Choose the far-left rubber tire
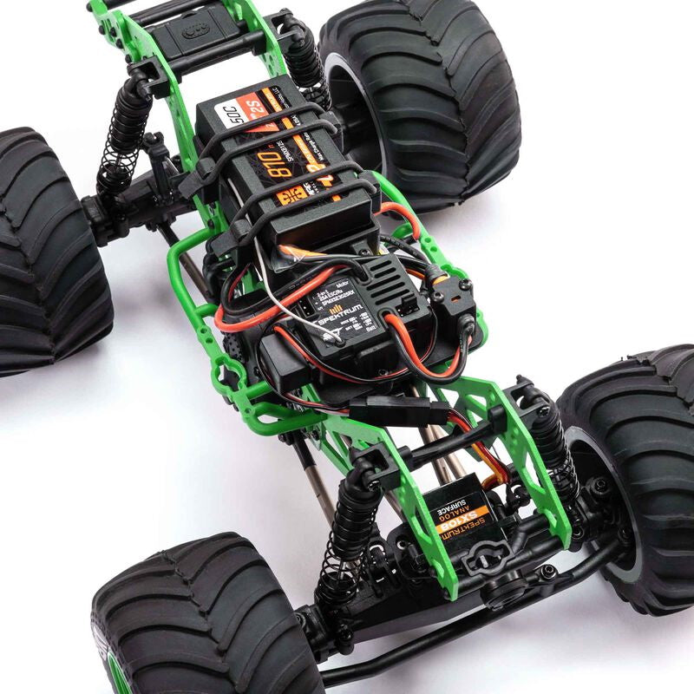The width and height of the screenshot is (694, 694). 43,252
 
